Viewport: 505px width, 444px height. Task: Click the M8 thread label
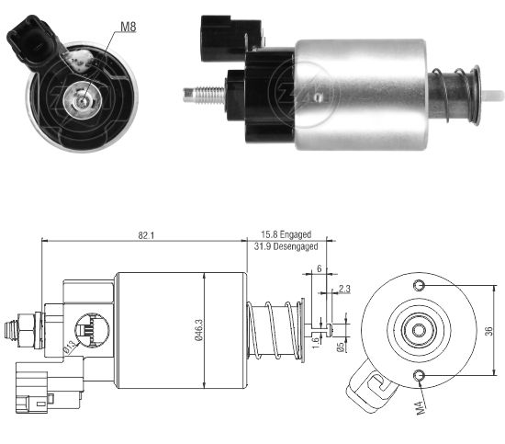pos(129,27)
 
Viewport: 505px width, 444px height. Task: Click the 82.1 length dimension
pos(146,235)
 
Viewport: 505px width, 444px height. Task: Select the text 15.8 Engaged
pos(286,234)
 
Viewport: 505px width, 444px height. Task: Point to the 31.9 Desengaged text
pos(286,246)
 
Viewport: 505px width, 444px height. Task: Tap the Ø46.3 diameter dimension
pos(198,330)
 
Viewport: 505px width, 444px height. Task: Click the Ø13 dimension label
pos(70,348)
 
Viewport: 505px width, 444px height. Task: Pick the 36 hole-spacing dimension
pos(488,331)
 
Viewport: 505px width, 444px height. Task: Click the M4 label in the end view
pos(421,408)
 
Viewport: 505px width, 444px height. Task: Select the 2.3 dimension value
pos(344,289)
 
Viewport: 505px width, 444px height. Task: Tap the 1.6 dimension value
pos(316,341)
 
